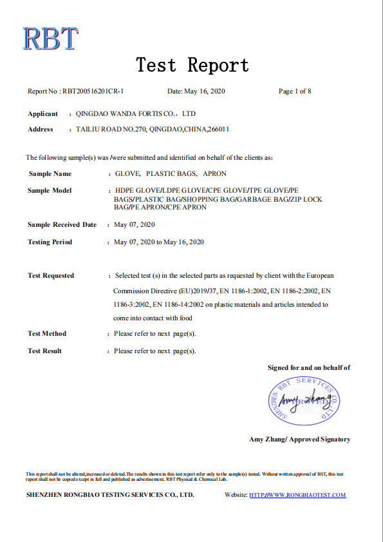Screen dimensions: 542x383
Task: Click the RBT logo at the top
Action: (x=50, y=39)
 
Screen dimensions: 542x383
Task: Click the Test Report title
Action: (x=192, y=65)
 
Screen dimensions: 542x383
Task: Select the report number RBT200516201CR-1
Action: (x=93, y=92)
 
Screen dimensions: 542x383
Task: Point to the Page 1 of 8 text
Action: (x=295, y=92)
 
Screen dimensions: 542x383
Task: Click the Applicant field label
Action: (x=42, y=114)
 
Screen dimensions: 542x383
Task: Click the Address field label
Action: (x=41, y=130)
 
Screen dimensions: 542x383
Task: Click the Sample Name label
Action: (x=50, y=174)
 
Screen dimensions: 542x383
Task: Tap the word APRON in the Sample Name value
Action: (x=214, y=174)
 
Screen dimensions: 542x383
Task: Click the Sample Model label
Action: (x=50, y=191)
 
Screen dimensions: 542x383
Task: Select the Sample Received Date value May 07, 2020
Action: (x=134, y=225)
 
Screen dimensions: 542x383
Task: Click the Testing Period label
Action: (x=50, y=242)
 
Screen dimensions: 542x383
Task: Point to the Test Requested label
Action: (x=51, y=276)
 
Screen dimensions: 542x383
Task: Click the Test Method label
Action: (x=47, y=334)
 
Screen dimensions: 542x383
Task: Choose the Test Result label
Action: (x=45, y=351)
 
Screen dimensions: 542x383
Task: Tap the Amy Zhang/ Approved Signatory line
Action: (x=300, y=440)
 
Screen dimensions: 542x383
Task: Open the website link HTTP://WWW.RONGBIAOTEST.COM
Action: (x=297, y=496)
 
